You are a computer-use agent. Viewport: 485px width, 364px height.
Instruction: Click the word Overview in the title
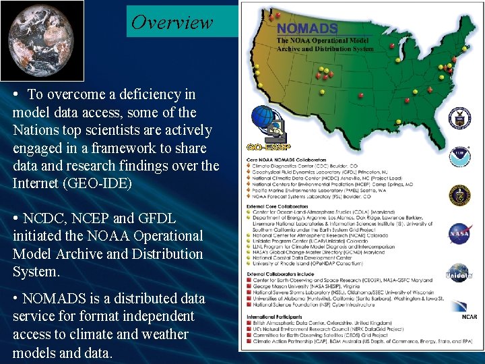tap(172, 22)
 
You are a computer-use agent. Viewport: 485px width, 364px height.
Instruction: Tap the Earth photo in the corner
tap(42, 40)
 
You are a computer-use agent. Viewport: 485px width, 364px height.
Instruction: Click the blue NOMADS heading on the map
tap(306, 29)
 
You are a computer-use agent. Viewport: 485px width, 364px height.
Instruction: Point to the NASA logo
tap(459, 233)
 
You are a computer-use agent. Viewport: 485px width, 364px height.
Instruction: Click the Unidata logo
tap(459, 272)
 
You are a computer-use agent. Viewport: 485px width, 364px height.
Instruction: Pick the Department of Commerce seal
tap(459, 117)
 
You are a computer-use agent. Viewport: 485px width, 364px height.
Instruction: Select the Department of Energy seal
tap(459, 195)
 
